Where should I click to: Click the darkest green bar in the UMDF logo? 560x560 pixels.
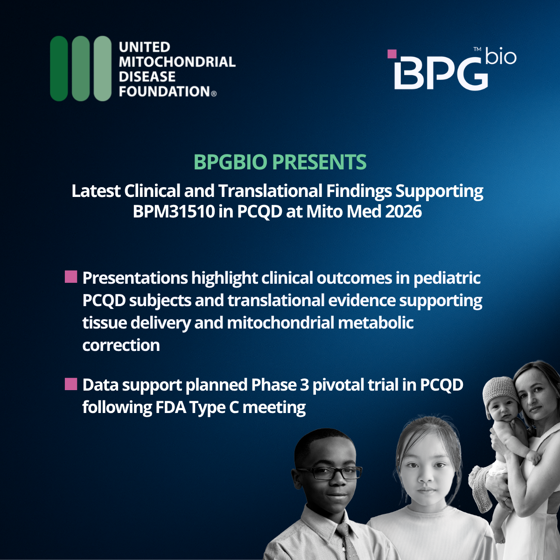pos(59,69)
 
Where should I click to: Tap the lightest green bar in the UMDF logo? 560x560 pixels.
pos(103,69)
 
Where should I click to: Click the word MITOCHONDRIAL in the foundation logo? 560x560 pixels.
pos(177,62)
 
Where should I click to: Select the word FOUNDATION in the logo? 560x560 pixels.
pos(164,91)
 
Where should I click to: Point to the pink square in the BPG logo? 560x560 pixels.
pos(392,54)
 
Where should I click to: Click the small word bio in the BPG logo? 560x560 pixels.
pos(501,56)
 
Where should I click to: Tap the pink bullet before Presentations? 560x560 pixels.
pos(71,277)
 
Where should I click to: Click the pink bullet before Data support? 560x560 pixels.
pos(71,384)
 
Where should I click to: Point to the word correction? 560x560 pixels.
pos(121,345)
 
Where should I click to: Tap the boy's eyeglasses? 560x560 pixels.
pos(329,473)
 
